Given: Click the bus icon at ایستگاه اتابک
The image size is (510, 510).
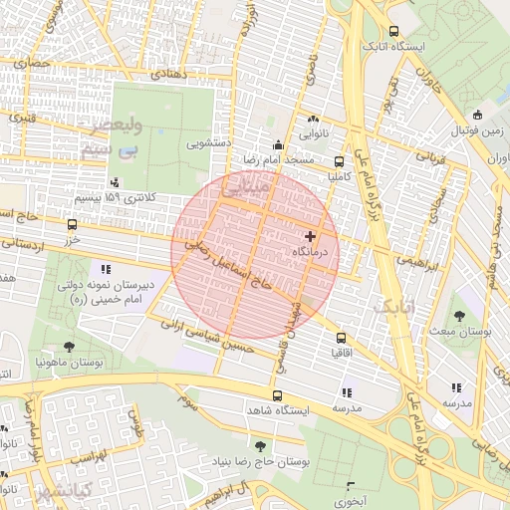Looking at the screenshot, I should tap(394, 32).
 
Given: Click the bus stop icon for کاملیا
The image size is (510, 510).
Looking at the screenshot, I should tap(340, 160).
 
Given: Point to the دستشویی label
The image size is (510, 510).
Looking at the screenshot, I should tap(212, 143).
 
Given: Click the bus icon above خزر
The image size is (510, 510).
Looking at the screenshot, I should tap(73, 225).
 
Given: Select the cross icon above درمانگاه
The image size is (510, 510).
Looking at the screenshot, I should tap(311, 237).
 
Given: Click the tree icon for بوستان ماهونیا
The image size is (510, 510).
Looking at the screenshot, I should tap(69, 347).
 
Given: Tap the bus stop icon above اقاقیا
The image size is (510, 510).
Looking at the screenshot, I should tap(342, 338).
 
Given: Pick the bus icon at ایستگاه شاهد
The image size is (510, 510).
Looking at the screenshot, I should tap(277, 395).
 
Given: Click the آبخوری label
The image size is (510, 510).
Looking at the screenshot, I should tap(351, 501).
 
